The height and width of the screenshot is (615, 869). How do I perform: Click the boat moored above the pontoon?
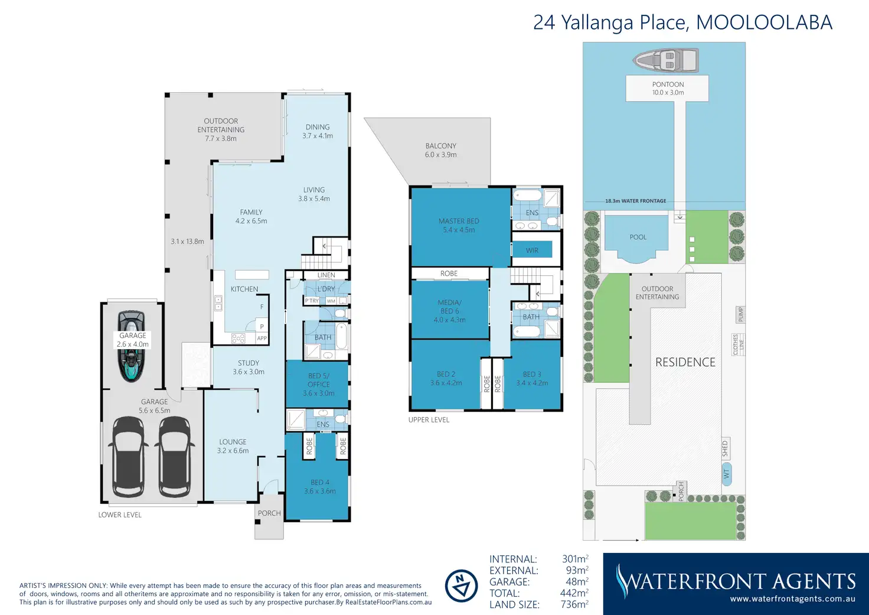click(x=666, y=60)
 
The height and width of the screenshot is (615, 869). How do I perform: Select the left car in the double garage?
click(x=130, y=457)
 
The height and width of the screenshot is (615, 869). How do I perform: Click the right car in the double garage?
click(x=175, y=457)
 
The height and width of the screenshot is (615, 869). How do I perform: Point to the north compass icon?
click(x=461, y=586)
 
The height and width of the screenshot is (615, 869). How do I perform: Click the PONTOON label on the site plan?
click(x=668, y=84)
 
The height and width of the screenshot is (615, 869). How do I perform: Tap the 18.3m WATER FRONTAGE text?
click(x=635, y=201)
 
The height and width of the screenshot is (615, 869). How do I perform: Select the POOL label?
click(x=638, y=237)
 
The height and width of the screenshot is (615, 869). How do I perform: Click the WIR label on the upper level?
click(x=532, y=250)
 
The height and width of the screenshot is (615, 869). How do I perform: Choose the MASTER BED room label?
click(x=459, y=221)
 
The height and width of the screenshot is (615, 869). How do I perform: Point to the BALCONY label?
click(x=441, y=146)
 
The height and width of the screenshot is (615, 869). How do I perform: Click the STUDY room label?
click(x=249, y=363)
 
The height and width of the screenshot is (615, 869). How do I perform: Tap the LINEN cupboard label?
click(x=326, y=275)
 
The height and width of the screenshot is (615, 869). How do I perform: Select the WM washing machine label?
click(x=331, y=301)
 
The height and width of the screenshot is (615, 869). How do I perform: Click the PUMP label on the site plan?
click(x=740, y=314)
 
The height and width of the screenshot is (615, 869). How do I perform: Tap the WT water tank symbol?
click(x=726, y=474)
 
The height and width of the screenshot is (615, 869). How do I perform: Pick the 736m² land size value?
click(x=574, y=604)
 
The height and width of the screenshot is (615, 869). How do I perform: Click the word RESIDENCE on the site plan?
click(x=685, y=362)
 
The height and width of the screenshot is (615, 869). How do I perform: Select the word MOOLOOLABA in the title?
click(x=765, y=22)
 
